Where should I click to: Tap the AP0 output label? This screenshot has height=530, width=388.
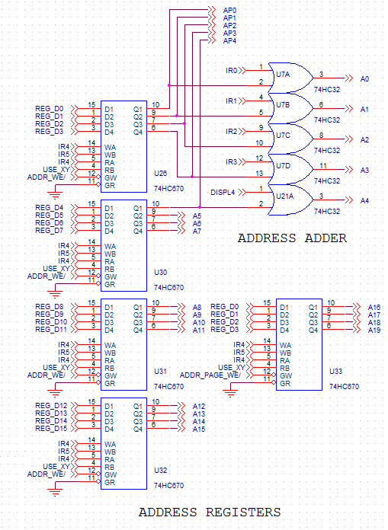pos(229,11)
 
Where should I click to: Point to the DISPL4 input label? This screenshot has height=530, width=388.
pos(223,193)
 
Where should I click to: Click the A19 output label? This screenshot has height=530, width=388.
pos(374,330)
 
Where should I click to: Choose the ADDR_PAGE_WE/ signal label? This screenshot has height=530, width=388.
pos(210,375)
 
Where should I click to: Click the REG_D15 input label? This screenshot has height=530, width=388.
pos(51,429)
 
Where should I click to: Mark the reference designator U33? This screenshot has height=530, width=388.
pos(336,371)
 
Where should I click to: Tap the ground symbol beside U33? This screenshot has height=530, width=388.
pos(230,393)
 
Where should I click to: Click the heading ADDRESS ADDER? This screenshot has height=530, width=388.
pos(292,238)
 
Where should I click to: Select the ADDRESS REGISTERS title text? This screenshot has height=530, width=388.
pos(210,512)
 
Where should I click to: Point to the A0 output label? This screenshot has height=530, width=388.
pos(364,78)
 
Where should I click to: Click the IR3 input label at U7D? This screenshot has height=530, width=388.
pos(232,162)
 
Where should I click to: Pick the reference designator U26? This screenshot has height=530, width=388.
pos(160,174)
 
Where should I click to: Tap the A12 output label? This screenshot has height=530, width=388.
pos(199,407)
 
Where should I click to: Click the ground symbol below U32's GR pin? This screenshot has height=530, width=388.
pos(55,492)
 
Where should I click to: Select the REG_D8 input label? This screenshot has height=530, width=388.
pos(49,307)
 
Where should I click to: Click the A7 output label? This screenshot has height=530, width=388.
pos(197,231)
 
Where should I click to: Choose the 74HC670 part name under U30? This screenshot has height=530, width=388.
pos(168,287)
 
